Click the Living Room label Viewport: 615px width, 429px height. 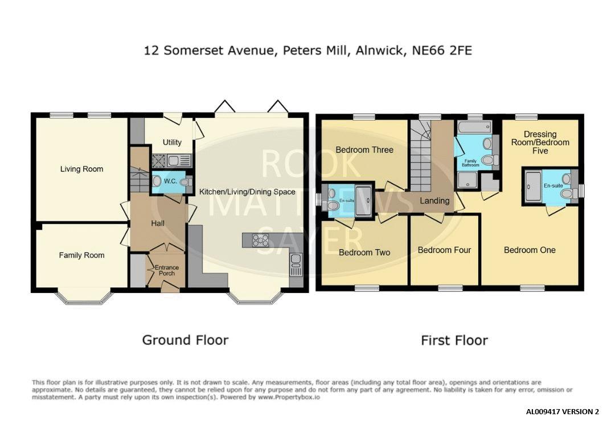(x=81, y=169)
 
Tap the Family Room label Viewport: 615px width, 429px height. (x=81, y=255)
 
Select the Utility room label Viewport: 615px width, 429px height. (x=172, y=142)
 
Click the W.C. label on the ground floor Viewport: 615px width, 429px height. (x=170, y=181)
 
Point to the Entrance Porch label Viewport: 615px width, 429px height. (x=167, y=270)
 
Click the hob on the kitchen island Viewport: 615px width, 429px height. (x=260, y=240)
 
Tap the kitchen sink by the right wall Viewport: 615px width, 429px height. (x=296, y=265)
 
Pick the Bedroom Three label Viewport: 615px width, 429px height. (x=364, y=150)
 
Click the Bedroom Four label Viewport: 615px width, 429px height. (x=444, y=250)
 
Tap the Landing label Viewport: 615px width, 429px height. (x=434, y=201)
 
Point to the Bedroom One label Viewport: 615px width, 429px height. (x=530, y=250)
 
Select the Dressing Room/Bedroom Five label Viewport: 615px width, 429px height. (x=540, y=143)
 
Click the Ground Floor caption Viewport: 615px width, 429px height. (x=185, y=340)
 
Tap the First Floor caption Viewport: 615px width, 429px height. (x=454, y=340)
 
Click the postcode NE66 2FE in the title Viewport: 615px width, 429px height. (x=442, y=51)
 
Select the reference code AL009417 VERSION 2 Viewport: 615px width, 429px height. (x=563, y=412)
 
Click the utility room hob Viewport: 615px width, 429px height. (x=159, y=160)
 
